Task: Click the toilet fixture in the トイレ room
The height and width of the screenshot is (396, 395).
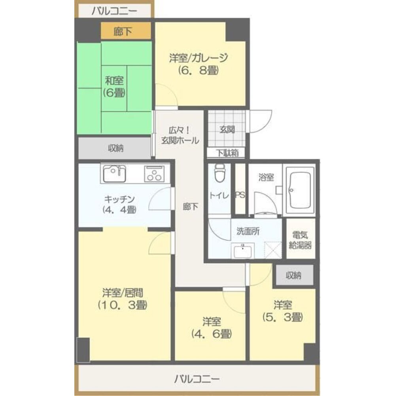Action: point(220,173)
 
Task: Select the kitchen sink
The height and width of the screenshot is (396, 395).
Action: point(114,173)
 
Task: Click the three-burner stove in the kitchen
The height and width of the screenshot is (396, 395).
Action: point(154,173)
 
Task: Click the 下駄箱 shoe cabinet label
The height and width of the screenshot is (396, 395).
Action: point(227,153)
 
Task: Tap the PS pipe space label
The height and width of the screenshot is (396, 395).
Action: point(240,195)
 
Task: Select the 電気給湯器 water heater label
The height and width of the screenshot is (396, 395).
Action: point(300,240)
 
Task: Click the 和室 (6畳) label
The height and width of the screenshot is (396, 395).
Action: point(114,87)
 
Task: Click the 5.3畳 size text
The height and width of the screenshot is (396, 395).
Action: point(282,318)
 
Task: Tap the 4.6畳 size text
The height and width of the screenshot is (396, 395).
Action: point(212,334)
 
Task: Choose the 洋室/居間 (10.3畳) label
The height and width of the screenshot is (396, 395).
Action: point(123,299)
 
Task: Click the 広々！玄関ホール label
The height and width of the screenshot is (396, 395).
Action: point(180,135)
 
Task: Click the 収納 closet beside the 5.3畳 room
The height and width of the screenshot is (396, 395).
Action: point(294,275)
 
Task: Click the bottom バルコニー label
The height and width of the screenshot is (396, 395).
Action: point(197,379)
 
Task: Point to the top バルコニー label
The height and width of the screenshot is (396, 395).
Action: point(114,11)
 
